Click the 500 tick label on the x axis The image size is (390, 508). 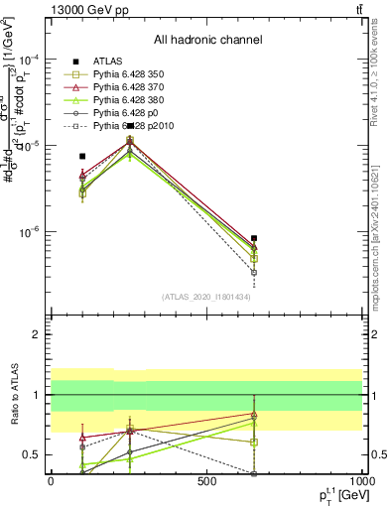click(207, 481)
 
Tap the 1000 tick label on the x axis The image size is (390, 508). click(361, 481)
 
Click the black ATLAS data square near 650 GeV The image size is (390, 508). click(254, 238)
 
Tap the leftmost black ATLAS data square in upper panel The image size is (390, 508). click(82, 156)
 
